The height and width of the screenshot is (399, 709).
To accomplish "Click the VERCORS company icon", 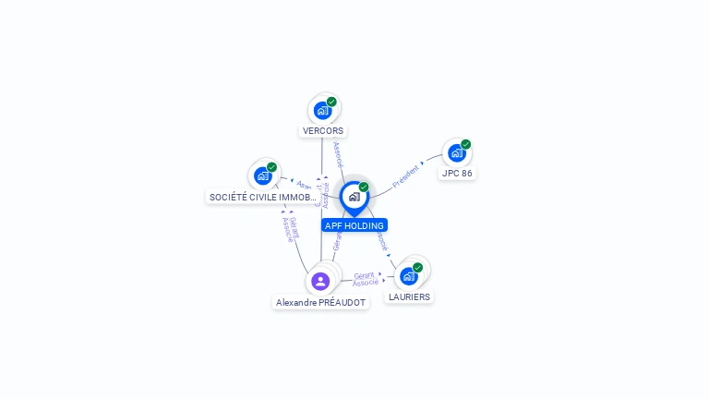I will pyautogui.click(x=322, y=111).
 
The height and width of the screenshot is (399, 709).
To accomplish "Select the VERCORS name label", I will pyautogui.click(x=323, y=131).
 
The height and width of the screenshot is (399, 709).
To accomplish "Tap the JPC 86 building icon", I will pyautogui.click(x=456, y=153).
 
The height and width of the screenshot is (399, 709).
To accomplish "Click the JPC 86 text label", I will pyautogui.click(x=457, y=173).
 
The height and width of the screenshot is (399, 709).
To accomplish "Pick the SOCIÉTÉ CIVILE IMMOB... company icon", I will pyautogui.click(x=263, y=175).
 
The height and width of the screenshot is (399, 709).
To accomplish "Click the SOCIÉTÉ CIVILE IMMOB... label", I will pyautogui.click(x=263, y=197).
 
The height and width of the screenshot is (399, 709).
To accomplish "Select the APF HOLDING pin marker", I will pyautogui.click(x=354, y=197).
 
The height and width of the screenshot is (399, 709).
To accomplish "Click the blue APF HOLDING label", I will pyautogui.click(x=354, y=225).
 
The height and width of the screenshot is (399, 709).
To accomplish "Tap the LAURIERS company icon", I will pyautogui.click(x=409, y=275).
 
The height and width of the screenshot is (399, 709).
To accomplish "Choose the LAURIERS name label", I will pyautogui.click(x=409, y=296).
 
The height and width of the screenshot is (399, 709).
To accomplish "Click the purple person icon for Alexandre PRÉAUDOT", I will pyautogui.click(x=320, y=281).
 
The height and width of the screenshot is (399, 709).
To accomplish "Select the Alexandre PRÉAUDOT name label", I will pyautogui.click(x=320, y=302).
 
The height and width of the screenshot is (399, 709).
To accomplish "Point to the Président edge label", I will pyautogui.click(x=406, y=175).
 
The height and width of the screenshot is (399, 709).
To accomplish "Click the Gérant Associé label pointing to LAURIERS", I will pyautogui.click(x=366, y=279).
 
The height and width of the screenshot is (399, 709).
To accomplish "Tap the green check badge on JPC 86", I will pyautogui.click(x=466, y=144).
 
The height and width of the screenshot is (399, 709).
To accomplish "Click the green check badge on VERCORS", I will pyautogui.click(x=331, y=102).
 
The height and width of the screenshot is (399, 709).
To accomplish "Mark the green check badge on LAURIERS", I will pyautogui.click(x=418, y=267).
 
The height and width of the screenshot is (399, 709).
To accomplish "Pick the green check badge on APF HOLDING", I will pyautogui.click(x=364, y=187).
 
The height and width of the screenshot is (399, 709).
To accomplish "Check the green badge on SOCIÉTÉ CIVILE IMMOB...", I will pyautogui.click(x=272, y=167).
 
